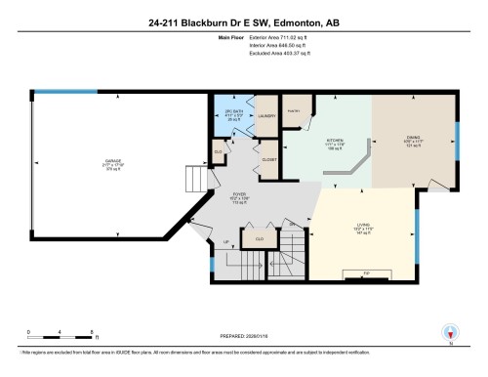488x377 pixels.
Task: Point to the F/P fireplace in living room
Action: click(x=367, y=272)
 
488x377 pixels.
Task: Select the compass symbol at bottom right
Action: click(x=450, y=331)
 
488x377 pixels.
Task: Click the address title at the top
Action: click(x=244, y=19)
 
